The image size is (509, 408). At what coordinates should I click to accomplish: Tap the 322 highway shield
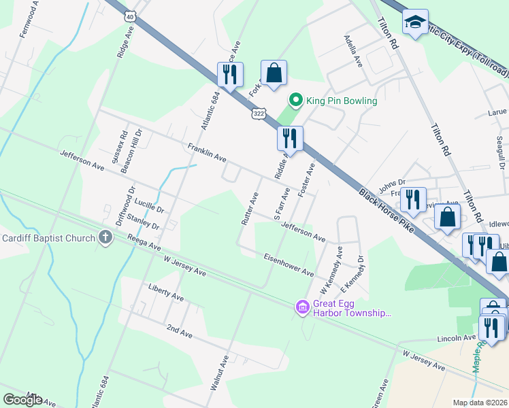click(x=258, y=114)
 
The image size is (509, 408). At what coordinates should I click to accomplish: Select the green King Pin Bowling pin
click(x=295, y=101)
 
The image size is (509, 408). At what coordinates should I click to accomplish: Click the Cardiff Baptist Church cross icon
click(x=105, y=237)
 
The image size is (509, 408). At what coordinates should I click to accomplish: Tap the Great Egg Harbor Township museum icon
click(x=303, y=308)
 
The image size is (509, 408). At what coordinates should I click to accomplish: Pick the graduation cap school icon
click(x=414, y=24)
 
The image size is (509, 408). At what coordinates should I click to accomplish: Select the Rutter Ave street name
click(x=249, y=208)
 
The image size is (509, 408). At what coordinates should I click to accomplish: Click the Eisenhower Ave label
click(x=289, y=265)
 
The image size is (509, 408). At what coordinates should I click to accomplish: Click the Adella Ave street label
click(x=353, y=51)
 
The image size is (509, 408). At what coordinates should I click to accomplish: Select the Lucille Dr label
click(x=149, y=207)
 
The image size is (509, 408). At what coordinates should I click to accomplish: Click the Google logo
click(x=23, y=399)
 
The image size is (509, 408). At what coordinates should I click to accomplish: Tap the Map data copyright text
click(x=480, y=403)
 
